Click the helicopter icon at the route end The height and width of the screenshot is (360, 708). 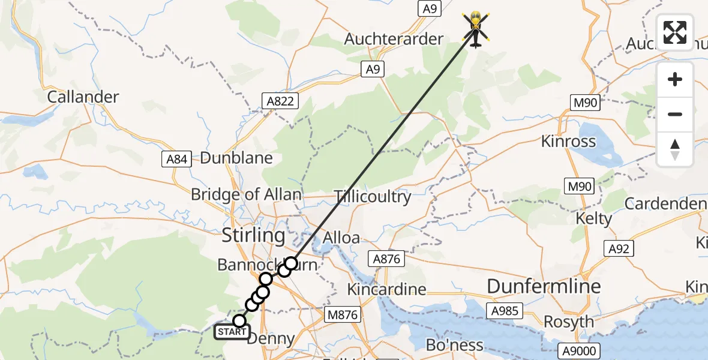pyautogui.click(x=476, y=28)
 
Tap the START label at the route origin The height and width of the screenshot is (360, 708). pyautogui.click(x=231, y=331)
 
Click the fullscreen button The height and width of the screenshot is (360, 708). pyautogui.click(x=675, y=32)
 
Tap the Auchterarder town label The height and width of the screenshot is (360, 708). pyautogui.click(x=394, y=40)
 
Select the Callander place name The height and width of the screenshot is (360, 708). pyautogui.click(x=83, y=97)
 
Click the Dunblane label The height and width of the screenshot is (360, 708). pyautogui.click(x=236, y=158)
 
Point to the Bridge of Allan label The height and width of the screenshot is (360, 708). pyautogui.click(x=246, y=194)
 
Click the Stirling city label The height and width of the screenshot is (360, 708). pyautogui.click(x=254, y=235)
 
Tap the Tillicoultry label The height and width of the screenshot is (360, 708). pyautogui.click(x=373, y=196)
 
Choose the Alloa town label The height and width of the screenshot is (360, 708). pyautogui.click(x=341, y=238)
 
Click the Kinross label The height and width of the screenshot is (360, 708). pyautogui.click(x=568, y=142)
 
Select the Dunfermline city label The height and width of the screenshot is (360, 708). pyautogui.click(x=544, y=286)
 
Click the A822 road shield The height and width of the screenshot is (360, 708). pyautogui.click(x=280, y=101)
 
